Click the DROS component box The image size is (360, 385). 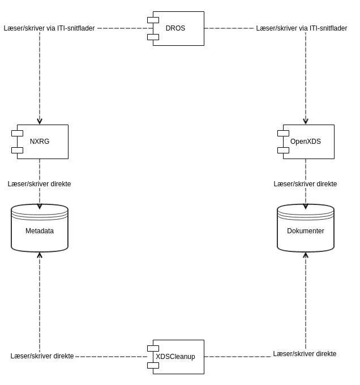pyautogui.click(x=178, y=28)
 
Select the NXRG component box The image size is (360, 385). pyautogui.click(x=42, y=142)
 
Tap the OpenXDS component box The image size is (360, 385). pyautogui.click(x=308, y=142)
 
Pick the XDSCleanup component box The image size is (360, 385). pyautogui.click(x=178, y=357)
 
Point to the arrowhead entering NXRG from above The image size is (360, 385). pyautogui.click(x=40, y=121)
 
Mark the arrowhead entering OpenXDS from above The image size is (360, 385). pyautogui.click(x=306, y=121)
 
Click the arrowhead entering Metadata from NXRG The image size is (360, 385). pyautogui.click(x=40, y=206)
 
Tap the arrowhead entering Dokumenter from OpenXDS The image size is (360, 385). pyautogui.click(x=306, y=206)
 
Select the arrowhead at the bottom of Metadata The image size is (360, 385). pyautogui.click(x=40, y=255)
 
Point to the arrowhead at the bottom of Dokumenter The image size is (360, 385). pyautogui.click(x=306, y=255)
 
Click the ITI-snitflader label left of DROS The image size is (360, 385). pyautogui.click(x=49, y=28)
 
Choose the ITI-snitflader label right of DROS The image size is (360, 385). pyautogui.click(x=302, y=28)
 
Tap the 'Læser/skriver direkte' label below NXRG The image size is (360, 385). pyautogui.click(x=40, y=184)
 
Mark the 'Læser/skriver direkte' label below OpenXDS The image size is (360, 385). pyautogui.click(x=306, y=184)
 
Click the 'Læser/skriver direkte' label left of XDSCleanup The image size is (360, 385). pyautogui.click(x=42, y=356)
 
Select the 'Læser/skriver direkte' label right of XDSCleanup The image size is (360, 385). pyautogui.click(x=305, y=354)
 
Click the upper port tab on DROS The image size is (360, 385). pyautogui.click(x=153, y=20)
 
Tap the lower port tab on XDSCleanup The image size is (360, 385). pyautogui.click(x=153, y=365)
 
